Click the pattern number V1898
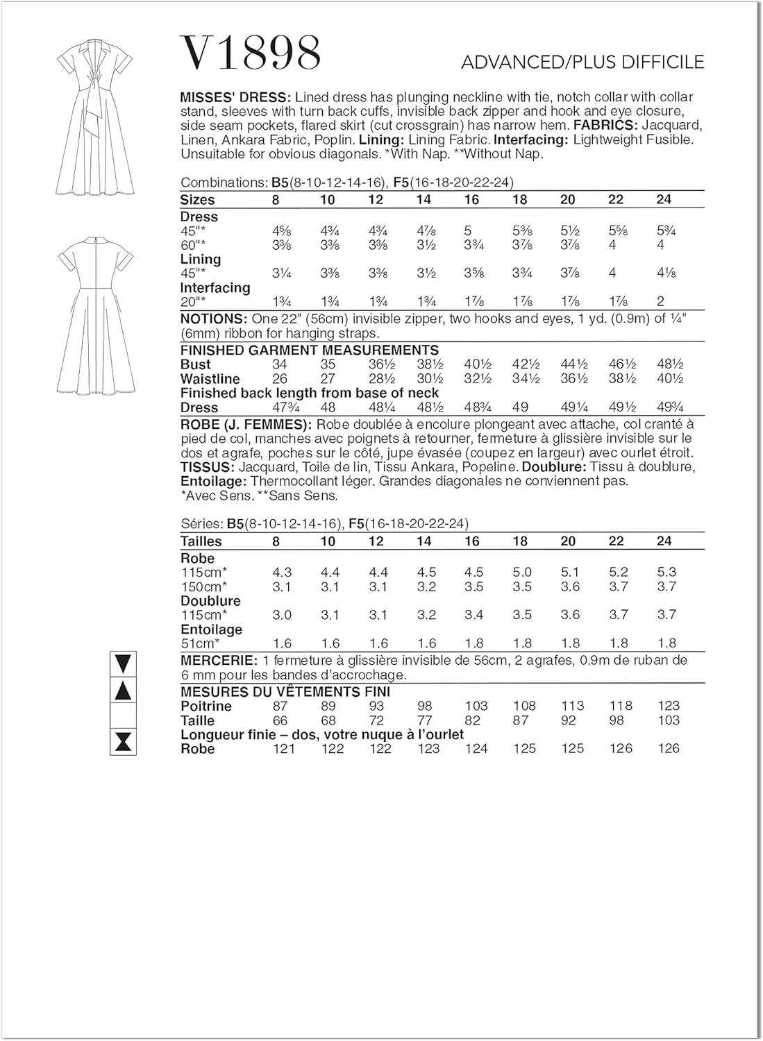(251, 53)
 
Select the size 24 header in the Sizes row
(664, 200)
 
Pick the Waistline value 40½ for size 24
(669, 379)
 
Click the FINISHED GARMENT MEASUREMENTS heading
(310, 350)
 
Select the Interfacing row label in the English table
(215, 287)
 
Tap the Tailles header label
(201, 541)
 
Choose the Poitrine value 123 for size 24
(669, 706)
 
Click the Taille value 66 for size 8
(280, 720)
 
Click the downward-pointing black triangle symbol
(124, 664)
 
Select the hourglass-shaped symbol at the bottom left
(124, 742)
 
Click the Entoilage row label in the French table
(211, 629)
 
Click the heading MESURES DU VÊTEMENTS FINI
(285, 692)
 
